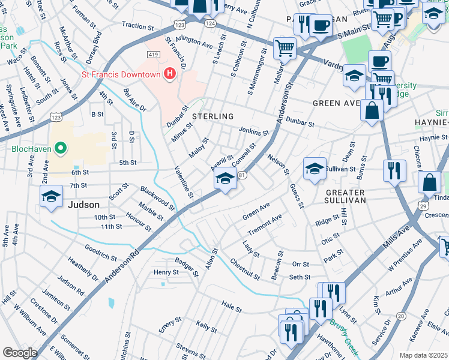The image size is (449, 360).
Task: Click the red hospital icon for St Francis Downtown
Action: (x=170, y=74)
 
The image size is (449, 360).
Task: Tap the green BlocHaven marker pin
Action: (x=59, y=147)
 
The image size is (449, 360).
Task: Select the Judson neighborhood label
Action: (x=83, y=204)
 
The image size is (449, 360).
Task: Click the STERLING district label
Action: (x=212, y=116)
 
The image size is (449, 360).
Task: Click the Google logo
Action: (x=20, y=353)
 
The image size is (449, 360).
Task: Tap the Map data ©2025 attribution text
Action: (x=424, y=355)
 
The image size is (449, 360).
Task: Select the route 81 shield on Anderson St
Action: (x=242, y=175)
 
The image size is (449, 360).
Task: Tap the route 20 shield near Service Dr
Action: (x=401, y=316)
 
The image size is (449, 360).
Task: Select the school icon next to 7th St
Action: (x=52, y=196)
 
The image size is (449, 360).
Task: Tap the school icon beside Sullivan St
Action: (x=315, y=169)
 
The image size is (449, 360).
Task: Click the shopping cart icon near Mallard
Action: (x=285, y=47)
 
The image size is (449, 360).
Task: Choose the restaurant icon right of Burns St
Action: (x=394, y=170)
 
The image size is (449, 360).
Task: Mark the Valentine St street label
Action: (x=184, y=182)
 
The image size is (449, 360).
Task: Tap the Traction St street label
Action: (x=139, y=26)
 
